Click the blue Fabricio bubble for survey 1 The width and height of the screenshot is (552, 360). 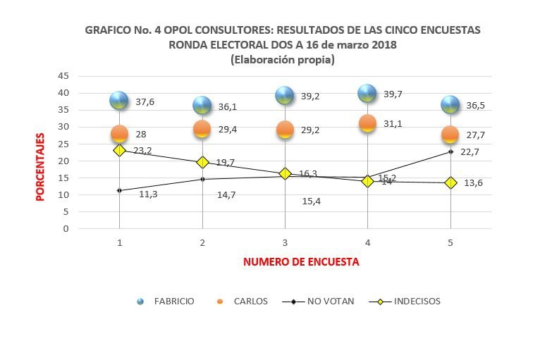(x=119, y=100)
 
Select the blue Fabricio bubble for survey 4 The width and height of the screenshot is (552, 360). (x=367, y=93)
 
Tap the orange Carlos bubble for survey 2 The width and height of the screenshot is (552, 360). (x=202, y=129)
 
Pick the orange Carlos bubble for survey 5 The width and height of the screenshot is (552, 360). (x=450, y=135)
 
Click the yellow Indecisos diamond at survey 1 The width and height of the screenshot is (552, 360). (x=119, y=150)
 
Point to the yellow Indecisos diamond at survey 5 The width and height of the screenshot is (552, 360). (x=450, y=182)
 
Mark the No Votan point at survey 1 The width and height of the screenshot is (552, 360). (x=119, y=190)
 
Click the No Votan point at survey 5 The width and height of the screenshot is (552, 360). (x=450, y=151)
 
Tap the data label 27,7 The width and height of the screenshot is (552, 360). (x=476, y=135)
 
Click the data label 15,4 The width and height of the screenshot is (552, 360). (x=311, y=201)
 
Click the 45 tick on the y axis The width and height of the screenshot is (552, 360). (x=63, y=75)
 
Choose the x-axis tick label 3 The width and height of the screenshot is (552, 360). (x=285, y=242)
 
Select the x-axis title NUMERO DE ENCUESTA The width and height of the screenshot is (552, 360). (x=301, y=261)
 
